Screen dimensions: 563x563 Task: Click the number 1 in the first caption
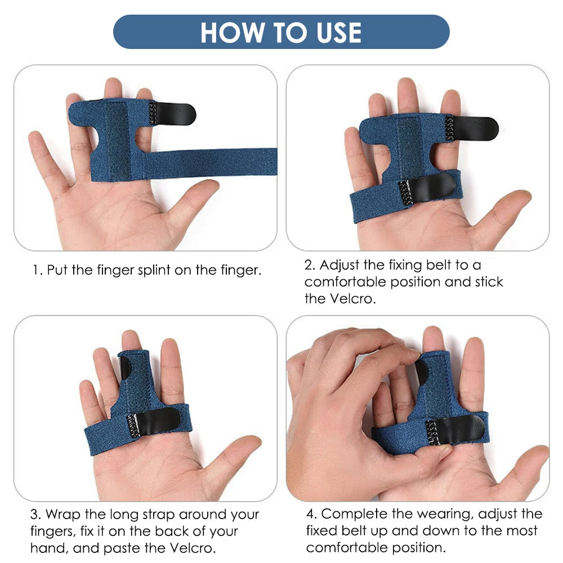pos(36,270)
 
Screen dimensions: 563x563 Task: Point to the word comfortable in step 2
pos(345,282)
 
